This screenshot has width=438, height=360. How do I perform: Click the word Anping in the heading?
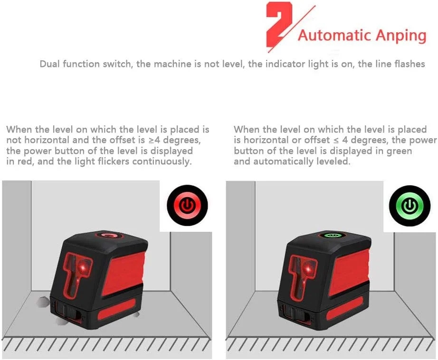[401, 36]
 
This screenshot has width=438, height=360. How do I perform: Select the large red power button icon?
[188, 206]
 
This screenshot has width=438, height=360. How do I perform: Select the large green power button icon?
[410, 206]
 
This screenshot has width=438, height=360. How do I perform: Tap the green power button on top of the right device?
[332, 235]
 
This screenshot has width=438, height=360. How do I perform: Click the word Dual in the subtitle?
[50, 64]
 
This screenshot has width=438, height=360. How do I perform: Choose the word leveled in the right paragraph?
[333, 161]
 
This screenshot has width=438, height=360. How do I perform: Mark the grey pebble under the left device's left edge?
[43, 303]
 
